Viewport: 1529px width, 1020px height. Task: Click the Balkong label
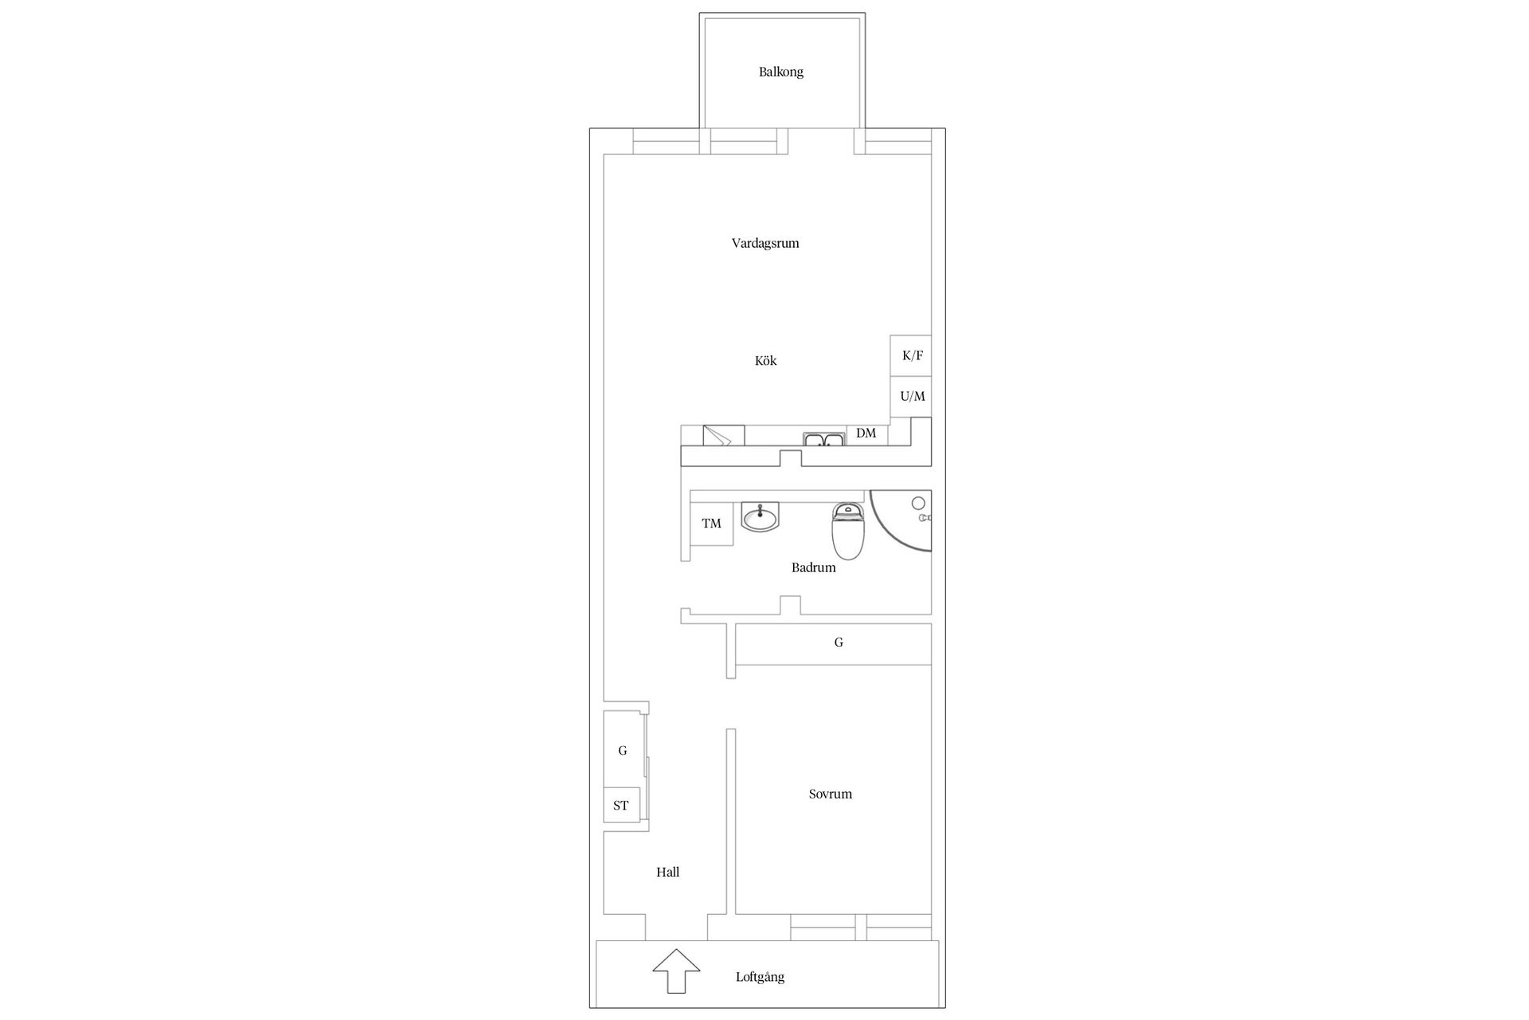point(780,72)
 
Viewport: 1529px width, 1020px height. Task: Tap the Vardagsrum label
point(764,243)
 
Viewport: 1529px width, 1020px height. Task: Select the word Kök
point(765,361)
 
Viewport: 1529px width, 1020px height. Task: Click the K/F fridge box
point(912,355)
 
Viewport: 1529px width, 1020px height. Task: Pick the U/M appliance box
point(912,396)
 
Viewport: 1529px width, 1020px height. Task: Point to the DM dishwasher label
point(866,433)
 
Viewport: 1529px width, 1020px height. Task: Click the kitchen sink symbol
point(824,439)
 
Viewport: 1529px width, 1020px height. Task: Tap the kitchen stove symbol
point(723,436)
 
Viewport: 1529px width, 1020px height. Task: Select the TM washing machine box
point(711,524)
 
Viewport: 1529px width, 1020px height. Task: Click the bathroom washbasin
point(761,517)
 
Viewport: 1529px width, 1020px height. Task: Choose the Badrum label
point(813,568)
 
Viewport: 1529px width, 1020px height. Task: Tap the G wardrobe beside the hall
point(623,750)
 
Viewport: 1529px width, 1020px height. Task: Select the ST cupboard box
point(621,806)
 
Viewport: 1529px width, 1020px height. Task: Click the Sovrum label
point(830,794)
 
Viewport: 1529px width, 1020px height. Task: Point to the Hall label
point(667,873)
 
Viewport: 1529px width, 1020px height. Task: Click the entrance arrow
point(676,971)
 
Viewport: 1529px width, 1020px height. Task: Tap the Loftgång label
point(760,977)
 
